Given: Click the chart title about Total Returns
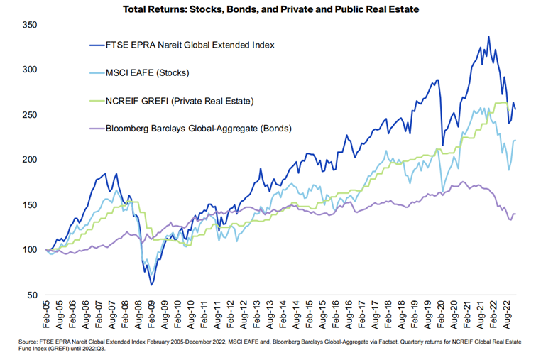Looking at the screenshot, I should click(x=268, y=9).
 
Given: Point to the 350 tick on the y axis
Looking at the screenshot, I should click(x=29, y=25).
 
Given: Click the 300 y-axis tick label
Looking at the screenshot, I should click(x=29, y=70).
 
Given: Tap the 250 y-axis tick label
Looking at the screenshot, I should click(x=29, y=114).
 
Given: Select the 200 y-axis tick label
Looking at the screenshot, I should click(x=29, y=159).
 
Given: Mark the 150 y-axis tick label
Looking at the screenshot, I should click(x=29, y=204).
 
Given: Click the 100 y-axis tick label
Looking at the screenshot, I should click(x=29, y=249).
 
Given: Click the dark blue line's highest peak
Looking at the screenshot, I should click(x=488, y=37).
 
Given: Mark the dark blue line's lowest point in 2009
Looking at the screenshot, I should click(x=152, y=284).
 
